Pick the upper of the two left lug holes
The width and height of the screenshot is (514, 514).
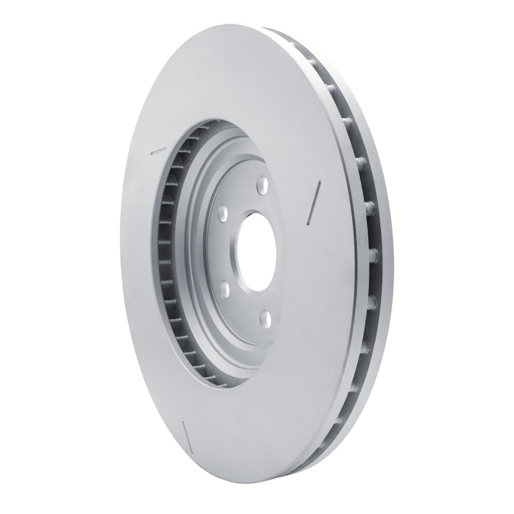click(x=222, y=211)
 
